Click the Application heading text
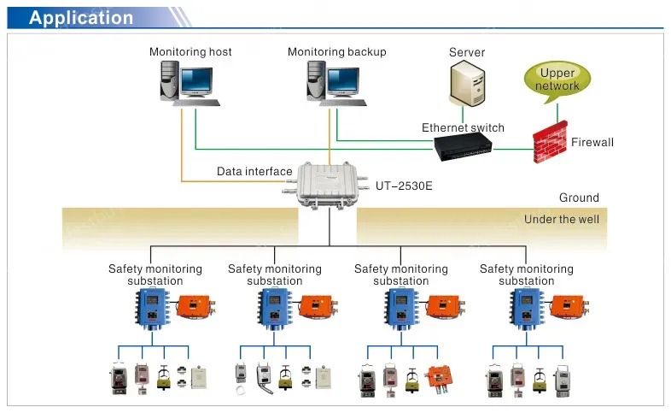point(81,18)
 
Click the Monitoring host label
point(190,52)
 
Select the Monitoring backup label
point(336,52)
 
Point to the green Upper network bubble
point(557,80)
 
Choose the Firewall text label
point(592,142)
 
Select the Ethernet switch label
point(463,128)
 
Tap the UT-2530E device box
point(330,184)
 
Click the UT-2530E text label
point(404,184)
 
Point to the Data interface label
point(254,172)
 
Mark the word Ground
point(579,198)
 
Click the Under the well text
point(562,220)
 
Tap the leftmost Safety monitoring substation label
point(155,274)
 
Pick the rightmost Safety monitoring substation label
point(527,274)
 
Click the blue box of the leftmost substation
point(150,309)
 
